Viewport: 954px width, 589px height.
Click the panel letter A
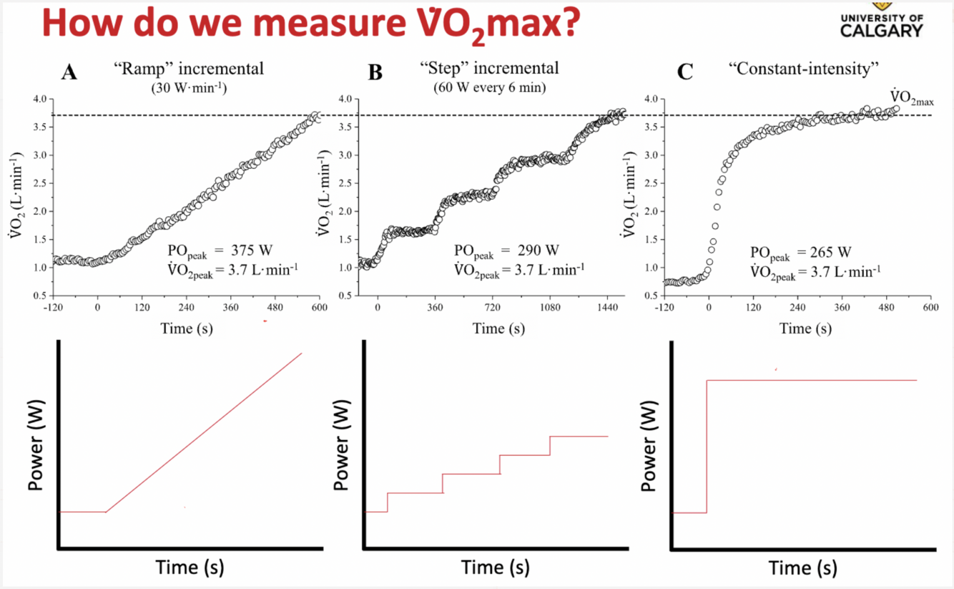(69, 72)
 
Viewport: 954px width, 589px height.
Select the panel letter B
(375, 72)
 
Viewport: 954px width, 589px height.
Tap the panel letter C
(684, 72)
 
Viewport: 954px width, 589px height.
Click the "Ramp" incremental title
(188, 69)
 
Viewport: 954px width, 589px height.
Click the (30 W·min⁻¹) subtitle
(188, 88)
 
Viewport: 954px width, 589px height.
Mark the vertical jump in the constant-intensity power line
(707, 447)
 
